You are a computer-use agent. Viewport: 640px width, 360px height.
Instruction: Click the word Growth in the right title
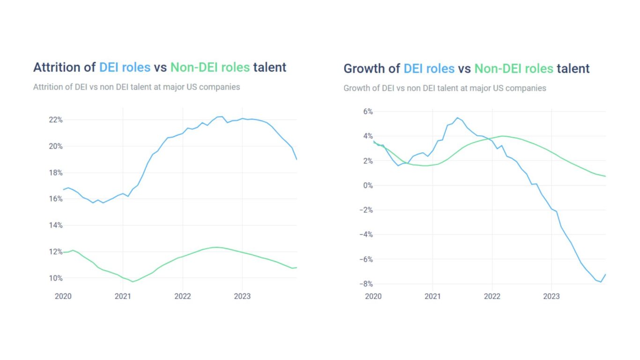pos(365,69)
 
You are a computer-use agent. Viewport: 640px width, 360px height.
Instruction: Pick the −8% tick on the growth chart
pos(365,284)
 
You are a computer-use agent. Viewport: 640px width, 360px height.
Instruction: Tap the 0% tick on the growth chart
pos(367,186)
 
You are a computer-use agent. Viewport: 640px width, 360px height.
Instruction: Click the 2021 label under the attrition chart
pos(123,296)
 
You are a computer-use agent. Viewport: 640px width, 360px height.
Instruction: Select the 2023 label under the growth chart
pos(551,296)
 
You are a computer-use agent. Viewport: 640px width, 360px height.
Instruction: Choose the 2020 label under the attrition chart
pos(63,296)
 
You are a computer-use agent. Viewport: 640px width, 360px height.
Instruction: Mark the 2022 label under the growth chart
pos(492,296)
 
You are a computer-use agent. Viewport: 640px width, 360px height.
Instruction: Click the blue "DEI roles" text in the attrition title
pos(125,67)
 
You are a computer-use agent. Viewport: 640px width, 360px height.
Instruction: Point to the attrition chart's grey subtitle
pos(136,87)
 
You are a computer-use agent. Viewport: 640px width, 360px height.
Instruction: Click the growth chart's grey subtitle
pos(445,88)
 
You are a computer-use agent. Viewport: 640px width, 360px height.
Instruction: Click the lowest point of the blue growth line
pos(601,282)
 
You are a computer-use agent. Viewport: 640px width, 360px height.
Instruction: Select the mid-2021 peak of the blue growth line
pos(457,118)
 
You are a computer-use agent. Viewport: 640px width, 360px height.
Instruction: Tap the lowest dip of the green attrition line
pos(133,282)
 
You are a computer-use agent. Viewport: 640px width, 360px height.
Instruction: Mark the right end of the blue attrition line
pos(297,159)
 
